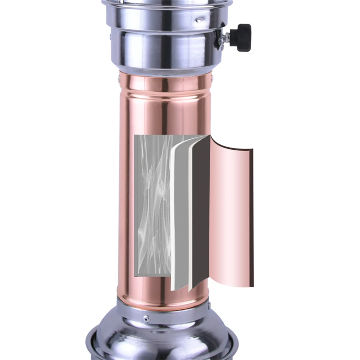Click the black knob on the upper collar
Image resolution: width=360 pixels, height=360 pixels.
coord(241,37)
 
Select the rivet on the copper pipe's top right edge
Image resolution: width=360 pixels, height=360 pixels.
coord(209,75)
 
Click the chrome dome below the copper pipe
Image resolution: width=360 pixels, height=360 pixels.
coord(163,338)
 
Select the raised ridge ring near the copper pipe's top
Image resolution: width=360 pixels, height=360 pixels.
coord(166,89)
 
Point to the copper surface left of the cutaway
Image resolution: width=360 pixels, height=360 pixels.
coord(126,202)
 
